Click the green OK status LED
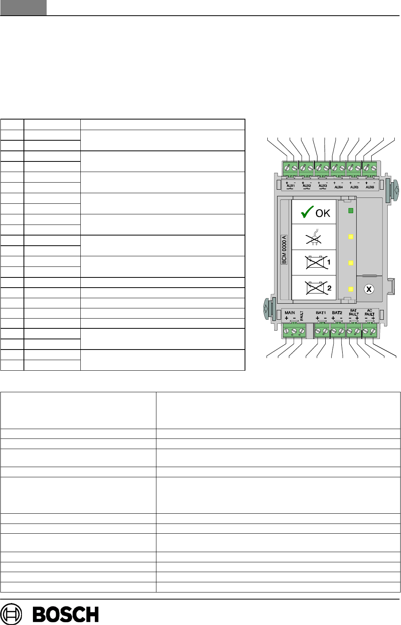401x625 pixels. click(x=351, y=211)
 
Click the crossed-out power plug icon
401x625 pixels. click(x=314, y=237)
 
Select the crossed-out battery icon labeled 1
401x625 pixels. click(x=316, y=262)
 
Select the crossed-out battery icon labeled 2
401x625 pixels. click(x=316, y=288)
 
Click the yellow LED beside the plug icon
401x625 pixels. click(x=351, y=237)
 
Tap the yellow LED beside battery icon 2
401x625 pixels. click(x=351, y=289)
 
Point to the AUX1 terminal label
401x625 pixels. click(x=290, y=187)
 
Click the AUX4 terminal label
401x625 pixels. click(x=338, y=187)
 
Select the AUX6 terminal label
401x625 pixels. click(x=370, y=187)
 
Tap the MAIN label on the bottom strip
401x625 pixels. click(x=290, y=313)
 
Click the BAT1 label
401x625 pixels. click(x=321, y=313)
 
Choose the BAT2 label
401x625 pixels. click(x=337, y=313)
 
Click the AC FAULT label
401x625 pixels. click(x=370, y=312)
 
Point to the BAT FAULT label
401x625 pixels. click(x=354, y=312)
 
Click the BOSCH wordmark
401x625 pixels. click(x=65, y=614)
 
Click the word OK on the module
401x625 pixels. click(x=323, y=213)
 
